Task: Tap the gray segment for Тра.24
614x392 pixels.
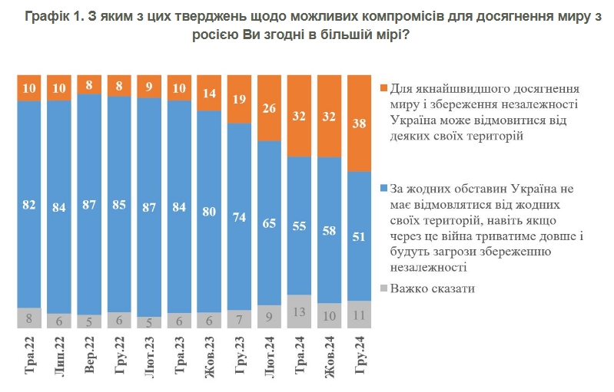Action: pos(299,311)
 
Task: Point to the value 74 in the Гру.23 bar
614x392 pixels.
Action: pos(240,217)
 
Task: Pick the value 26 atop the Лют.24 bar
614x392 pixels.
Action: pos(270,109)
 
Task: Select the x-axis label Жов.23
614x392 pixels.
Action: pos(210,354)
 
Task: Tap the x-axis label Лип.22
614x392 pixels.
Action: pos(61,355)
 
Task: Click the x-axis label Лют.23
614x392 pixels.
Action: pos(150,354)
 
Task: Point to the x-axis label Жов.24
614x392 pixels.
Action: pos(330,354)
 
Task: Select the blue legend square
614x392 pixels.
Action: pos(384,188)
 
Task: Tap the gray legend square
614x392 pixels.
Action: pos(384,289)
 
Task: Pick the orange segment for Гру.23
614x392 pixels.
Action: pos(240,100)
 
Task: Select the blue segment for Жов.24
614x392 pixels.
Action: pos(330,230)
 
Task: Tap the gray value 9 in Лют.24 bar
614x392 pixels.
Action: pos(270,316)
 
